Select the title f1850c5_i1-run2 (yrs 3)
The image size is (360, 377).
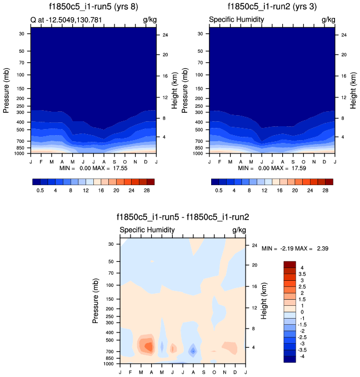pos(272,7)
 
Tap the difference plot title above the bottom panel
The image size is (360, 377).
pos(183,217)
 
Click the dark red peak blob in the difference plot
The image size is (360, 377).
pos(148,346)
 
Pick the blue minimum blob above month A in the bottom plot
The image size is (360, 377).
pos(193,351)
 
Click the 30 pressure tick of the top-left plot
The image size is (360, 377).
pos(22,34)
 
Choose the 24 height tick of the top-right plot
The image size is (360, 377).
pos(344,35)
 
